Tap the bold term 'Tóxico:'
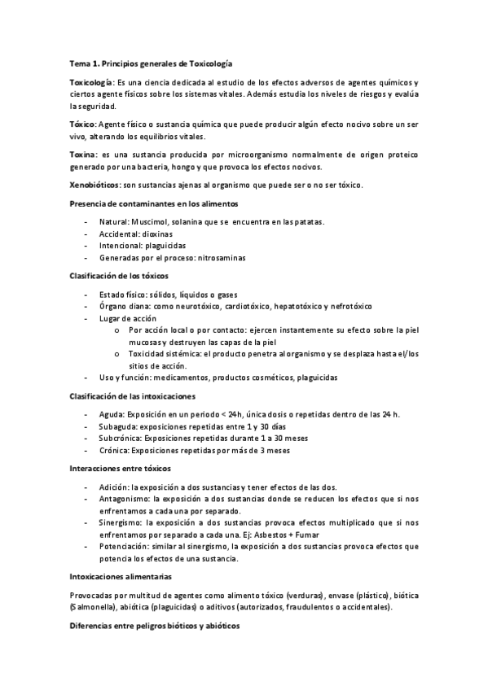coord(82,123)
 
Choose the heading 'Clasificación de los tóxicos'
coord(119,277)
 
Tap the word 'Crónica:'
coord(114,449)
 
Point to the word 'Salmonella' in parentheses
coord(93,607)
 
